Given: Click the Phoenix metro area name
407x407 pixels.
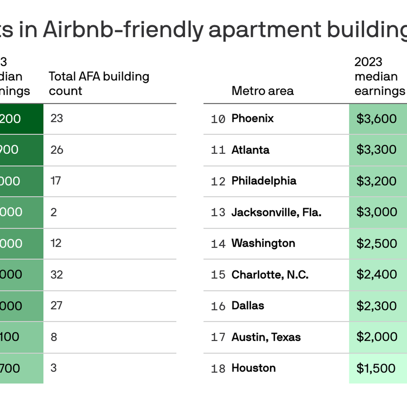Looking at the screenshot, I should coord(252,118).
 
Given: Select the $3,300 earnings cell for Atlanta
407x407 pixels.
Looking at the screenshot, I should coord(376,150).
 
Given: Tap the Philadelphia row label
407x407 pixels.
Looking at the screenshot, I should coord(264,181).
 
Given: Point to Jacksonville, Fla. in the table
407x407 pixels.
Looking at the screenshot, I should coord(276,212).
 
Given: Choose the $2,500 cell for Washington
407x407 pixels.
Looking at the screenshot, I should coord(376,243).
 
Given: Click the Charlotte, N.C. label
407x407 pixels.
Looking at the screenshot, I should coord(270,275).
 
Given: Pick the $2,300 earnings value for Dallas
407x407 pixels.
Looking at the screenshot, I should coord(376,306).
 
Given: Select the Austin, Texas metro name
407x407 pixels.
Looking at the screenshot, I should coord(266,337).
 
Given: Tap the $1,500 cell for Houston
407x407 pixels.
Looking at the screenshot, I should coord(376,368).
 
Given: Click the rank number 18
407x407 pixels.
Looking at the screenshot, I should coord(218,369).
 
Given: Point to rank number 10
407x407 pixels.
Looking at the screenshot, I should coord(218,119).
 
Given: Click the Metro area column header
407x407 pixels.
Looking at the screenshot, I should coord(262,91).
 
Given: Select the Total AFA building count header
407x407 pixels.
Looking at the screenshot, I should coord(99,84).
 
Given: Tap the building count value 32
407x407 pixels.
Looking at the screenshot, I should coord(57,275).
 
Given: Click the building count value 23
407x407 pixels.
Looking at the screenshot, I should coord(57,118).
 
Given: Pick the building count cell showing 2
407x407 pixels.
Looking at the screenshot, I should coord(54,212).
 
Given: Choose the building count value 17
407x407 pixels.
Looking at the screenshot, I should coord(56,181).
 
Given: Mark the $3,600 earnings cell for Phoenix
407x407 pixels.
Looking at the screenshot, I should coord(376,119).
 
